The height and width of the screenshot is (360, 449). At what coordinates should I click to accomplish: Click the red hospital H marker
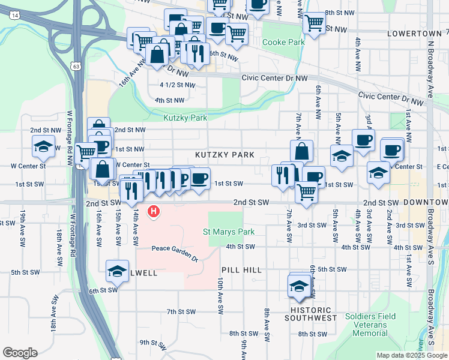point(154,211)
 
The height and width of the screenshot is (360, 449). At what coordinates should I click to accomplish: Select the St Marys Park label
point(228,232)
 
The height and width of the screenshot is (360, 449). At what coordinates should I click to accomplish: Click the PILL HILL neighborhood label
point(241,271)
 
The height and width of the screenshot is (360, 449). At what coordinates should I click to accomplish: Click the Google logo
point(20,353)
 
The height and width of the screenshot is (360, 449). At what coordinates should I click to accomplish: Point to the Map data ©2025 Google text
point(412,355)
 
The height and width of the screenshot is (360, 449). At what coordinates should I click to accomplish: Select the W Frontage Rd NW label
point(70,138)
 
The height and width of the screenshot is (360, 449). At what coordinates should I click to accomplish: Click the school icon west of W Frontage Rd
point(44,146)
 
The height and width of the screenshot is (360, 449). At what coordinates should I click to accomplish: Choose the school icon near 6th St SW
point(118,271)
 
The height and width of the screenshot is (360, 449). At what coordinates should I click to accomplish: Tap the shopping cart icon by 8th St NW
point(314,23)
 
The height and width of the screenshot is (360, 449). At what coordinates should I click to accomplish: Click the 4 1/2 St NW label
point(177,85)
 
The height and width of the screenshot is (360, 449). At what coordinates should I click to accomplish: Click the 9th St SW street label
point(152,343)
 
